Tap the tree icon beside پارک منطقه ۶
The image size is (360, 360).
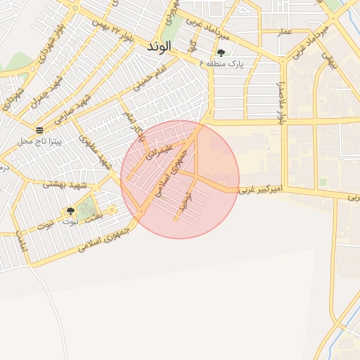coord(221,53)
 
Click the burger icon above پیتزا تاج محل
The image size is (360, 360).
coord(39,130)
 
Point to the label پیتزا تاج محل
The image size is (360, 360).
coord(39,141)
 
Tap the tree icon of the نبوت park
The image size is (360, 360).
coord(70,210)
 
